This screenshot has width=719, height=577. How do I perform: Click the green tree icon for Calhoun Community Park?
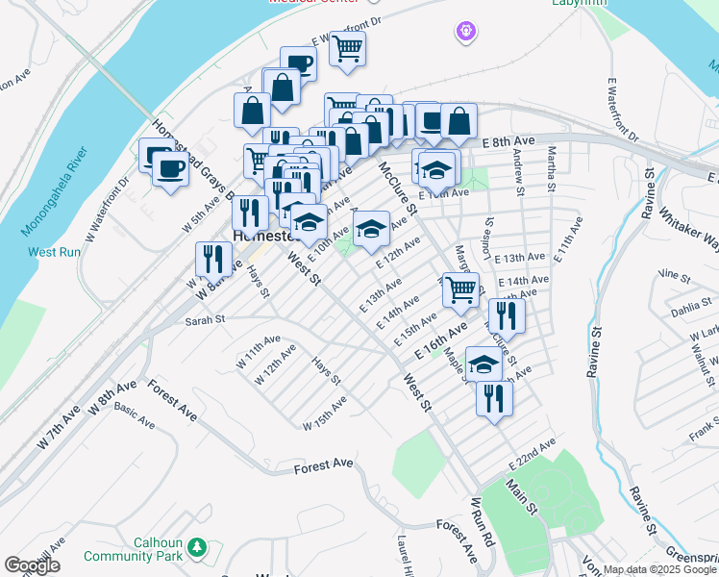pos(197,547)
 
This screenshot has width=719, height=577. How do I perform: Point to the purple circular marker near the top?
pos(466,32)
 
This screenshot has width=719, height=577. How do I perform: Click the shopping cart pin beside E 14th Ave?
pos(461,288)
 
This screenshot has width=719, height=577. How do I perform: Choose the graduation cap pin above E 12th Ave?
pos(371,229)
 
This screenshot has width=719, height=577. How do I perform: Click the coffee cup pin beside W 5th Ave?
pos(171,170)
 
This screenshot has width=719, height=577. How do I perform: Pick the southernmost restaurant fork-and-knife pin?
pos(494,397)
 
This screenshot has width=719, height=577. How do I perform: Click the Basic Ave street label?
pos(135,415)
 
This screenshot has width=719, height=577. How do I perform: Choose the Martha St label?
pos(552,168)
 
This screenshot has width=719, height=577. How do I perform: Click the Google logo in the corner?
pos(33,565)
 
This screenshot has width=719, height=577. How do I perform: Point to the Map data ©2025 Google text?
pos(659,570)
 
